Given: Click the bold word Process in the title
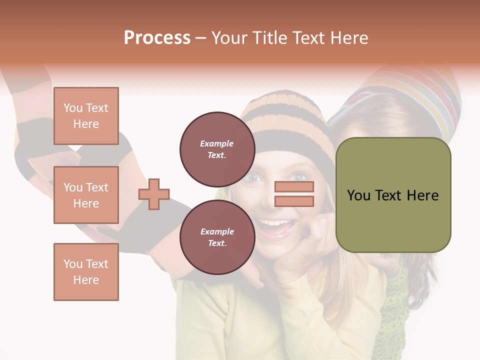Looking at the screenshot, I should coord(157,37).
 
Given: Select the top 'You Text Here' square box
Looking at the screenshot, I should coord(86,116).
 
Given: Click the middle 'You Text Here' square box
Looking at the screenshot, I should coord(86,195).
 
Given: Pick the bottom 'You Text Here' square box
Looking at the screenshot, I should coord(86,271).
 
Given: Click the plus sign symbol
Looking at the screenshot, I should coord(154,194).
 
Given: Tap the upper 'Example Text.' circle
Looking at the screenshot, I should coord(217,149).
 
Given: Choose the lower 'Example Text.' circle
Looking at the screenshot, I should coord(217,237).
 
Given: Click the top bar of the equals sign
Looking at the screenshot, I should coord(294,187).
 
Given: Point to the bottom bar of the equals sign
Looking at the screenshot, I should coord(294,201).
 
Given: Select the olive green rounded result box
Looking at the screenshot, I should coord(393,195).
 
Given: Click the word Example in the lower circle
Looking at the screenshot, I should coord(217,231).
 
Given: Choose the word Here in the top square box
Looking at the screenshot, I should coord(86,124).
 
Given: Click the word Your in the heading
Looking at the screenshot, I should coord(229,37).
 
